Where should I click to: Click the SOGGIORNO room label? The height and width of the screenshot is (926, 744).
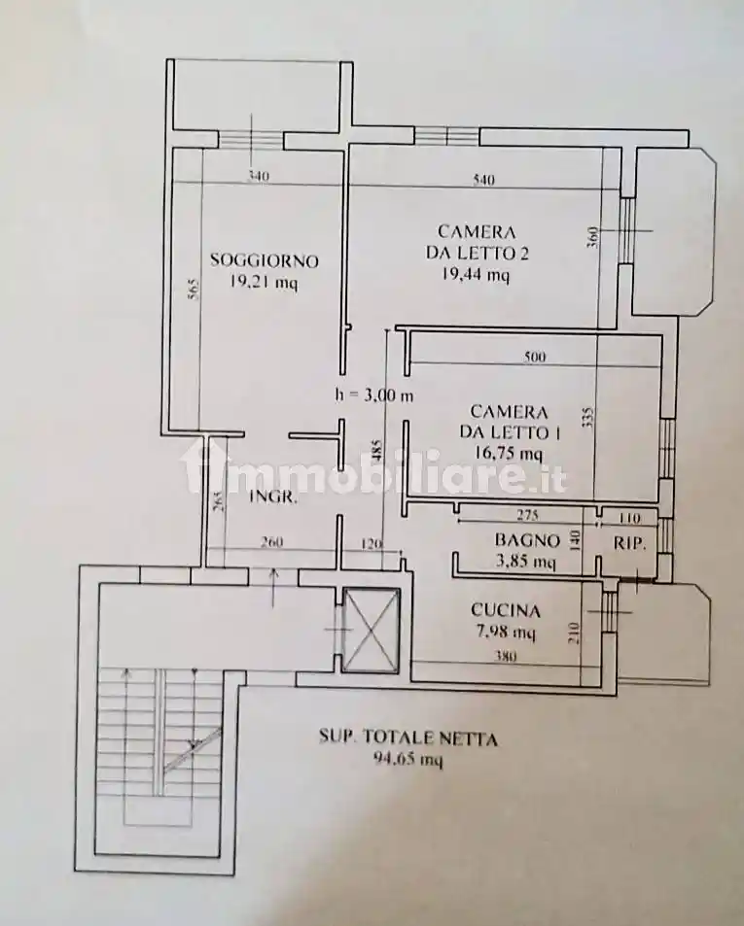coord(265,260)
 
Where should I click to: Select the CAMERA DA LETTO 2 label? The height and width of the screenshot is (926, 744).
coord(476,242)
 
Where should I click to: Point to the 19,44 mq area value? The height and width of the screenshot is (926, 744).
coord(476,275)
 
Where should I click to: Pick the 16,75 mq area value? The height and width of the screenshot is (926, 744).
coord(509,453)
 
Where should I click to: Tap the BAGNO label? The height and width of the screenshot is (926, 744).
coord(526,540)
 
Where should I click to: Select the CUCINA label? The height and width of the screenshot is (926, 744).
coord(505,611)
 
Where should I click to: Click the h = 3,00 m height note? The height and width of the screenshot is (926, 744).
coord(373,394)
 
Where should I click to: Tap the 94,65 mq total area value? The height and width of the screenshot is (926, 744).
coord(407,761)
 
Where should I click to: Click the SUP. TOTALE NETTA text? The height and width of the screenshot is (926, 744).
coord(408,738)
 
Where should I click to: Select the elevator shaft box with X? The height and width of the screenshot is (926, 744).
coord(372,631)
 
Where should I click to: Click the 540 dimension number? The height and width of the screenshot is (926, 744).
coord(483,180)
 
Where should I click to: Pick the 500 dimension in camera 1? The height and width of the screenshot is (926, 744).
coord(535,357)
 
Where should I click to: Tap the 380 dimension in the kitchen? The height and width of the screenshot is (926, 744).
coord(504,656)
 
